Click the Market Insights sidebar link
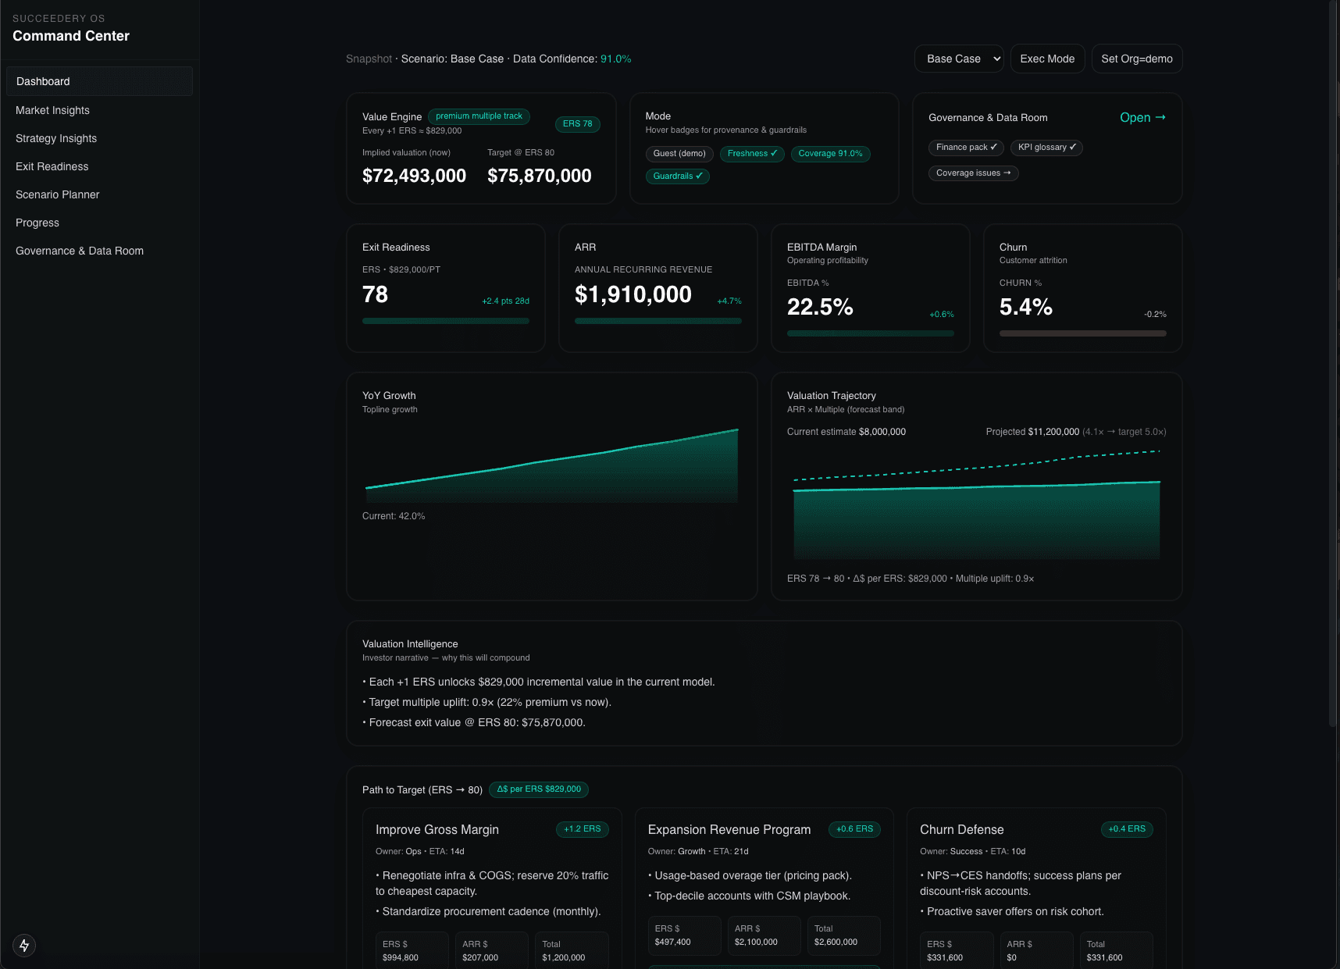point(52,110)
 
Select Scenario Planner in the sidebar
point(57,194)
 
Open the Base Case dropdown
point(959,59)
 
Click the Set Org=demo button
point(1136,59)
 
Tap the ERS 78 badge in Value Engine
point(577,123)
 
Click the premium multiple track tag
point(479,116)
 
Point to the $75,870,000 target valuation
point(539,176)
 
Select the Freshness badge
point(751,154)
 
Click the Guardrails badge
point(677,176)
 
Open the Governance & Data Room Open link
point(1142,117)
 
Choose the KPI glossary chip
point(1046,148)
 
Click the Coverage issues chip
point(973,173)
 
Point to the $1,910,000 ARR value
point(633,294)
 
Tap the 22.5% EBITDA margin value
point(819,307)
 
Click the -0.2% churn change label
point(1154,314)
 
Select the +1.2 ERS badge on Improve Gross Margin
point(582,829)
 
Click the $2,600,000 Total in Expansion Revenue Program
point(836,942)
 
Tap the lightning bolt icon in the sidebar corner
point(24,946)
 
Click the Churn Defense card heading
point(961,829)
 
